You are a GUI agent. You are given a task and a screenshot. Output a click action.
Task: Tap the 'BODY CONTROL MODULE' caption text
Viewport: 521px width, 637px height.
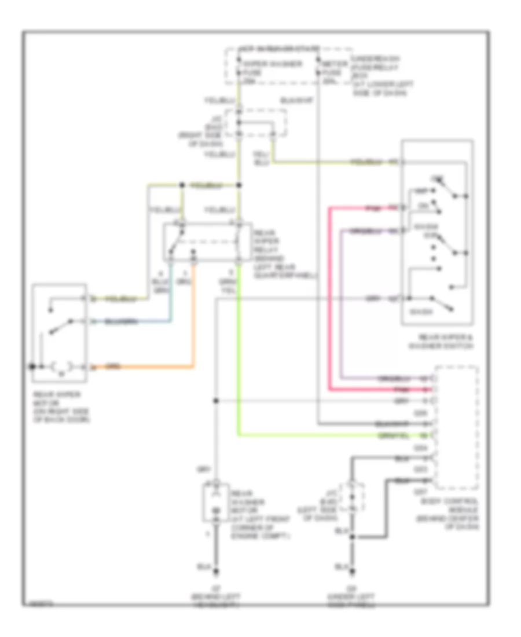tap(457, 511)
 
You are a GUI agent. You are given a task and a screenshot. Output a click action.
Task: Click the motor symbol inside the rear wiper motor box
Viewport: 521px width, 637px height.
tap(61, 366)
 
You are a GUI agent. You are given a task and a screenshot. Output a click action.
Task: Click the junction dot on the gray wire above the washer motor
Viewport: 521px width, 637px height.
tap(216, 400)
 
